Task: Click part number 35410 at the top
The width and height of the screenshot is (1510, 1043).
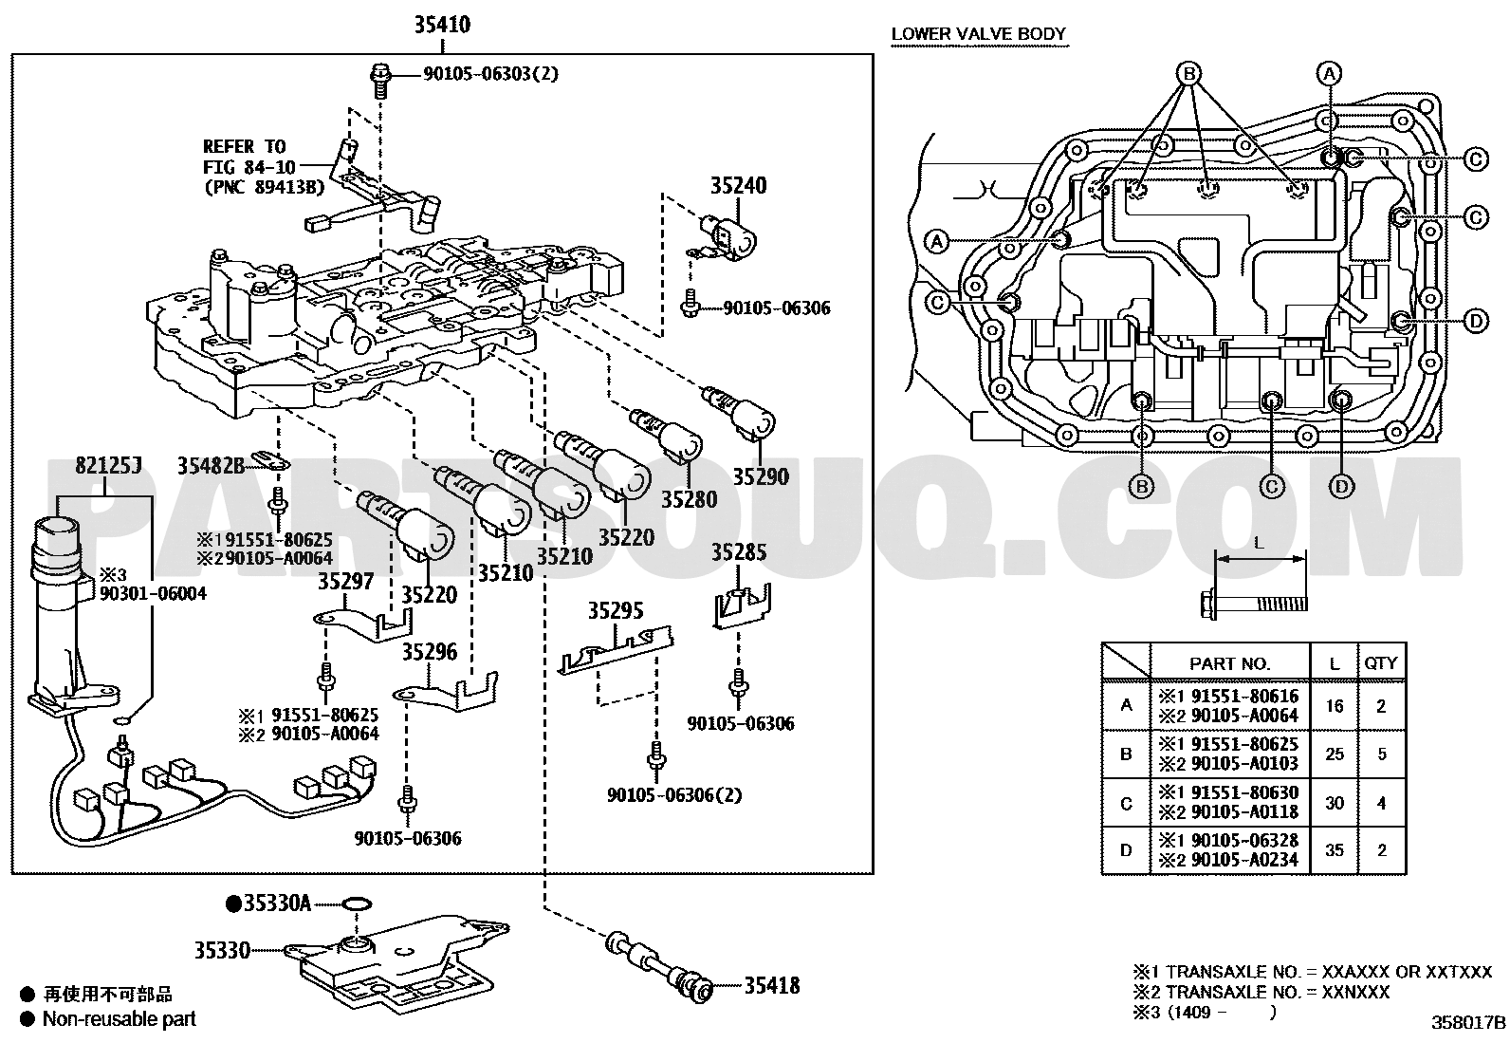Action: [442, 25]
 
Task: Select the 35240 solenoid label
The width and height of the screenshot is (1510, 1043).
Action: [738, 185]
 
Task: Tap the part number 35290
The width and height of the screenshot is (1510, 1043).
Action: [761, 477]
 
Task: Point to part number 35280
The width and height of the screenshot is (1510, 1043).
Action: [689, 499]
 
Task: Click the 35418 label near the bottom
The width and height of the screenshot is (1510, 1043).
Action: [772, 986]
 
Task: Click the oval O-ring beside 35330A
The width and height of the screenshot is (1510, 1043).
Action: [357, 903]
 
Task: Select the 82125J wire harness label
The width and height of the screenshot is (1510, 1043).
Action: [108, 465]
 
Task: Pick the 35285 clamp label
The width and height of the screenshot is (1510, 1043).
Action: [739, 552]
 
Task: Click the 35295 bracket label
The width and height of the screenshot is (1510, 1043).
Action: [616, 610]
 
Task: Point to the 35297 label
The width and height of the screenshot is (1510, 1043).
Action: [346, 581]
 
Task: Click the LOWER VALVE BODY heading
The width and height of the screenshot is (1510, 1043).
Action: [979, 34]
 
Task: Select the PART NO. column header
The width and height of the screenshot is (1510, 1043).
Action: [1229, 663]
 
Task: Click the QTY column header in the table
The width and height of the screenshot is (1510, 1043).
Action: [1381, 663]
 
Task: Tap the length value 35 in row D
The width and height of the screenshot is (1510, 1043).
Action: [1335, 850]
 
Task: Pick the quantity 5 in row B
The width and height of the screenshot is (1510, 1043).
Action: [1382, 754]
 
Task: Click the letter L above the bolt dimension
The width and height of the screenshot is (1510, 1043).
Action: [1259, 543]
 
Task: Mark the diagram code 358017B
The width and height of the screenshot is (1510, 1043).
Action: [1468, 1023]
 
